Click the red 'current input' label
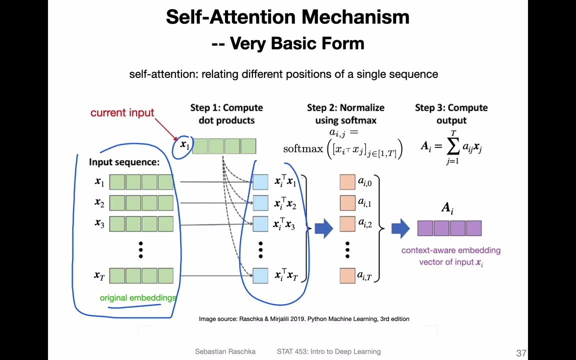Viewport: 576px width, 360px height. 122,113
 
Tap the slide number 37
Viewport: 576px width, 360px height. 521,353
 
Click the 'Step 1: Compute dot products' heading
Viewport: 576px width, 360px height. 226,114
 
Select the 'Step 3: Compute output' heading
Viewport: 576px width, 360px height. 451,114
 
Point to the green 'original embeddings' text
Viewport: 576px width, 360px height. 138,298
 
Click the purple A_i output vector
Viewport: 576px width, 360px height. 449,228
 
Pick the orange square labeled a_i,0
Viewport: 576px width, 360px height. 347,182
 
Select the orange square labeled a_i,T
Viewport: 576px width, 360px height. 347,275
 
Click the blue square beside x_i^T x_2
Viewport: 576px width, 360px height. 260,203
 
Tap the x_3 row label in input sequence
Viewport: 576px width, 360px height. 99,223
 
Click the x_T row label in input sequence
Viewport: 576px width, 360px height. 99,275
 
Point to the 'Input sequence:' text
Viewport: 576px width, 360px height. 124,162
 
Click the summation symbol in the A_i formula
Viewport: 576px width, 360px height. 453,146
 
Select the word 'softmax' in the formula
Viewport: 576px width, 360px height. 303,149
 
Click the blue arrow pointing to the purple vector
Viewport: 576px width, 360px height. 400,228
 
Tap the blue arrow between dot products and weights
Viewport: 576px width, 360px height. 323,228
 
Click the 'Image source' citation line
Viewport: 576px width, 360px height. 304,319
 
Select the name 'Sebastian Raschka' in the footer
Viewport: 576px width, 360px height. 225,351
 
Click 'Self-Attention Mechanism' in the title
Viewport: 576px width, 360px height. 287,17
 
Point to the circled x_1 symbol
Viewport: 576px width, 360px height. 184,145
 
